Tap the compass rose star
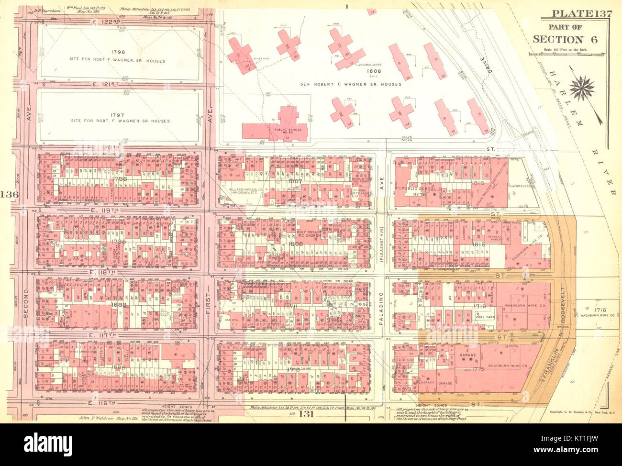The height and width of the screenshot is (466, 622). pyautogui.click(x=582, y=88)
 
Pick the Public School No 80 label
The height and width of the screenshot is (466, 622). pyautogui.click(x=287, y=131)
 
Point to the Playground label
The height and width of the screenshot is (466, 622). pyautogui.click(x=518, y=186)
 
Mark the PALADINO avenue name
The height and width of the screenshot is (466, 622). pyautogui.click(x=381, y=309)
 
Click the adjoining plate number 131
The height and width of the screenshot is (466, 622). pyautogui.click(x=306, y=414)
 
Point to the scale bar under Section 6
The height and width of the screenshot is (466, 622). pyautogui.click(x=567, y=54)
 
